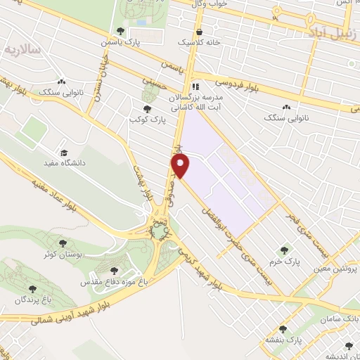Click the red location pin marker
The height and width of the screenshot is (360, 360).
181,166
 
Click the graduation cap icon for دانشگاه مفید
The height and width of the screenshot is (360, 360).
64,152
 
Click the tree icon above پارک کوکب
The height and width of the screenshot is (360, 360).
147,109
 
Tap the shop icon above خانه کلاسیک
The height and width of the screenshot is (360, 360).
200,32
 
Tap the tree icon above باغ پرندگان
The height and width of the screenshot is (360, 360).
31,288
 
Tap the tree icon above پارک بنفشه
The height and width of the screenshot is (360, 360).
283,329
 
